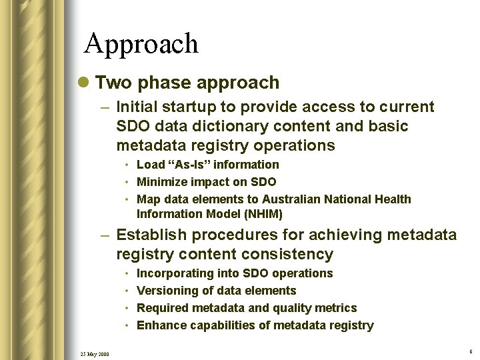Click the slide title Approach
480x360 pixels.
click(x=141, y=44)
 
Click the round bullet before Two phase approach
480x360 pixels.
click(x=83, y=83)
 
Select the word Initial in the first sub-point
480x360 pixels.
click(x=135, y=107)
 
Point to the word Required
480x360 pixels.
click(x=162, y=308)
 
